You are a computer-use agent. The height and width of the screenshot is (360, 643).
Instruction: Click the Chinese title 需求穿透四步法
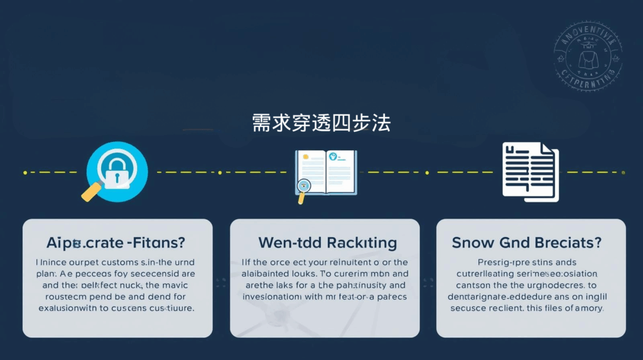[321, 122]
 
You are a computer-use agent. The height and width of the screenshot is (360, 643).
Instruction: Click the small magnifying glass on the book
[305, 187]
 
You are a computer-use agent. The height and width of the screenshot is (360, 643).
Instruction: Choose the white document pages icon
[529, 172]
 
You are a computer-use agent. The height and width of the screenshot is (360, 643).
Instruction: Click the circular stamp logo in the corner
[588, 57]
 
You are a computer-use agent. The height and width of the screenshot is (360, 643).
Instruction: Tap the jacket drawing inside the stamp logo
[588, 57]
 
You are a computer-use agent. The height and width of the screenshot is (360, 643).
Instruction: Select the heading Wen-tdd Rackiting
[327, 243]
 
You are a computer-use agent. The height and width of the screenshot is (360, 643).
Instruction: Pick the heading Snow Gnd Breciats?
[527, 243]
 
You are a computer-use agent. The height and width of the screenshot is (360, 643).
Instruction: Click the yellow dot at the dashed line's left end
[24, 172]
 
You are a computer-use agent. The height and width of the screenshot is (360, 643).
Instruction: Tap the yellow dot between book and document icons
[426, 172]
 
